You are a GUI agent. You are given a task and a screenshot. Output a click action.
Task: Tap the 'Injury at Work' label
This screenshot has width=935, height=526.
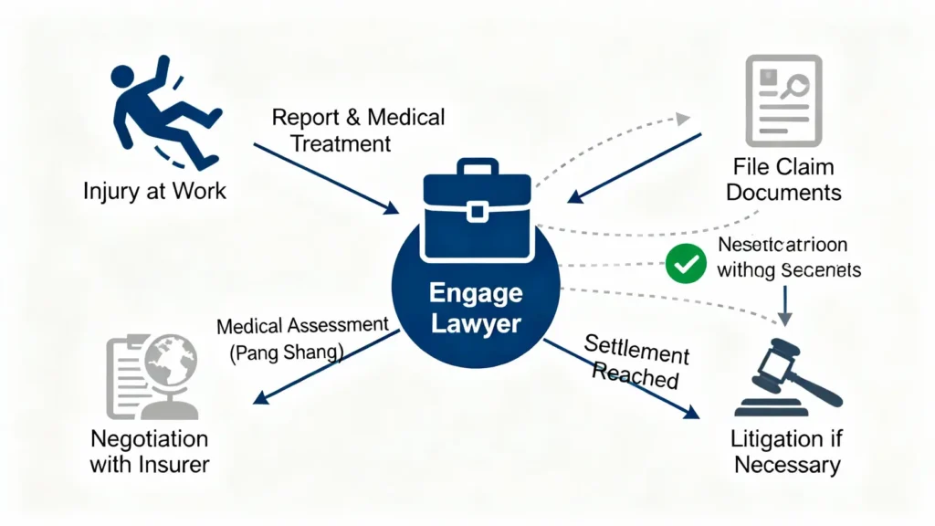(153, 193)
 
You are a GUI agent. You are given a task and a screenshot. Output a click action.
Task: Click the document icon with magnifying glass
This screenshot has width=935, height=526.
(783, 100)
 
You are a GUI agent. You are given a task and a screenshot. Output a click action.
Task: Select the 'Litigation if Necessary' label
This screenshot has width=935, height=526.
(786, 451)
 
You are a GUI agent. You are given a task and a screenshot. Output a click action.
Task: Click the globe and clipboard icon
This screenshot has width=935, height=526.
(148, 375)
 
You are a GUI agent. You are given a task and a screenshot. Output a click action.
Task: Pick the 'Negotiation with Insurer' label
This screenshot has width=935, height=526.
(149, 451)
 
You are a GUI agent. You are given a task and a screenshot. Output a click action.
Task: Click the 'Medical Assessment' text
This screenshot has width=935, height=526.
(302, 326)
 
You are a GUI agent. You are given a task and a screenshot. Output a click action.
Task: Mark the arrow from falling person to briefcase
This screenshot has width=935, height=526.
(325, 177)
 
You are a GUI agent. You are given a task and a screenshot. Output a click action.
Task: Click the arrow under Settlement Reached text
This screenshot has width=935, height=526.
(621, 379)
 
